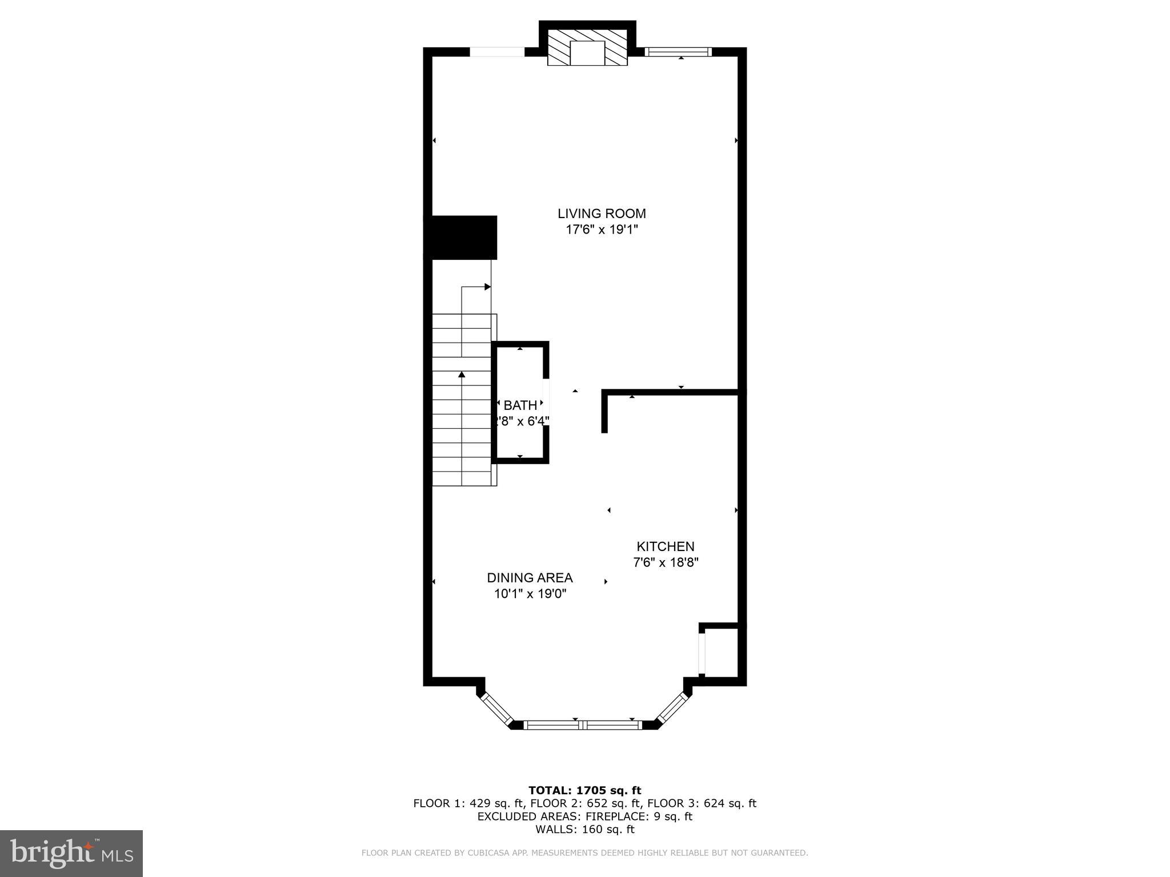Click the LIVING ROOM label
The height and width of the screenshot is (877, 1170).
coord(602,214)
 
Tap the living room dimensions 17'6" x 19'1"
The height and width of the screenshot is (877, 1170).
coord(602,230)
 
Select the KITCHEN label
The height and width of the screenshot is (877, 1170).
coord(666,546)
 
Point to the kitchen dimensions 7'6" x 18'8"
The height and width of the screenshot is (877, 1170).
coord(666,562)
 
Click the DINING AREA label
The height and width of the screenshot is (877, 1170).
coord(530,578)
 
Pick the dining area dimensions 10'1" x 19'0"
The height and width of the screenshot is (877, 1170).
coord(530,594)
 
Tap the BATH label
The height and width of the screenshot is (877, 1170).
coord(520,405)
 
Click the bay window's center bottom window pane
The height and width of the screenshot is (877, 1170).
coord(583,725)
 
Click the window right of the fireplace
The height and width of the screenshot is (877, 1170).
coord(678,52)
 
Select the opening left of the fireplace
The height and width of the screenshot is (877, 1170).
coord(496,52)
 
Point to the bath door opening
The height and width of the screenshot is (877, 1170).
coord(546,402)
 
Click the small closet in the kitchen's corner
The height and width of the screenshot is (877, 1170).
coord(722,652)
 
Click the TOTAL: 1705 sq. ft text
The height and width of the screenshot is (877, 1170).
coord(584,790)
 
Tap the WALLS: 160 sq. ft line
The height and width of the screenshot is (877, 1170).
coord(584,829)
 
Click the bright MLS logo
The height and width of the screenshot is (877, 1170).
coord(71,853)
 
